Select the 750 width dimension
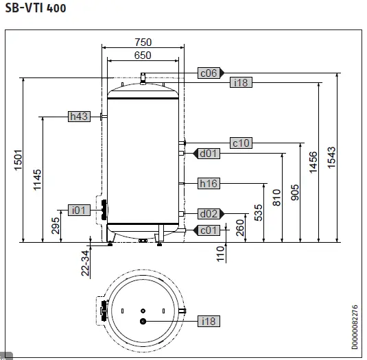pos(143,43)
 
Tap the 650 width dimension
pos(143,55)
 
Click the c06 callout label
pos(208,72)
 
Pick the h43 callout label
pos(79,117)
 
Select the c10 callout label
pos(241,143)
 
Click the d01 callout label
pos(209,153)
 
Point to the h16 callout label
pos(209,183)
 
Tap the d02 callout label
pos(209,213)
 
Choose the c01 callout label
pos(209,230)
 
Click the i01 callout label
pos(80,210)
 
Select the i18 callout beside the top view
pos(208,321)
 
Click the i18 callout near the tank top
pos(241,82)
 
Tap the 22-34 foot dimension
pos(85,263)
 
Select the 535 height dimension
pos(259,212)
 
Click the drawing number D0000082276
pos(354,327)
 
